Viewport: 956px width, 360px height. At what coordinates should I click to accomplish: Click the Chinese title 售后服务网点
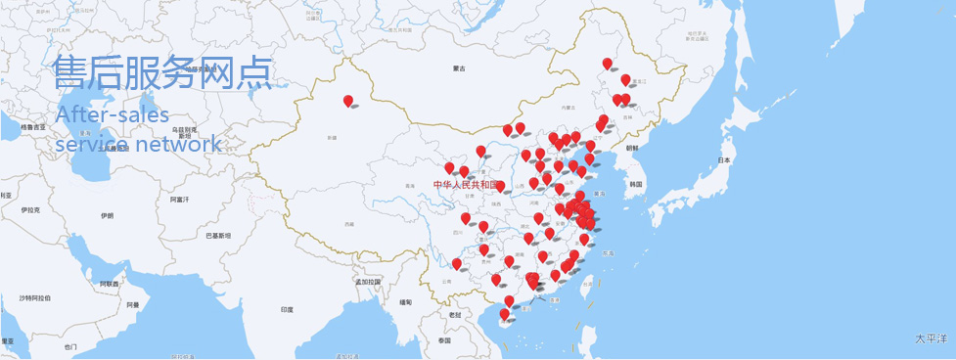pyautogui.click(x=162, y=74)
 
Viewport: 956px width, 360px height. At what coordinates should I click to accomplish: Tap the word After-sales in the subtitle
pyautogui.click(x=113, y=115)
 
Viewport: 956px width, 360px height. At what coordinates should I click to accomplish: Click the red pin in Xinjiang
pyautogui.click(x=348, y=101)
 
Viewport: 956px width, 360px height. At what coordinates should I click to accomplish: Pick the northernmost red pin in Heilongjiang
pyautogui.click(x=607, y=65)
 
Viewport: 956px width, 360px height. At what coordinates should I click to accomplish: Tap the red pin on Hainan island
pyautogui.click(x=505, y=315)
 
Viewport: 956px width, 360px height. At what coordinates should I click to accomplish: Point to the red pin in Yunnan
pyautogui.click(x=456, y=264)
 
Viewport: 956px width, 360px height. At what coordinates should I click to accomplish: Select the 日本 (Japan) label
pyautogui.click(x=724, y=159)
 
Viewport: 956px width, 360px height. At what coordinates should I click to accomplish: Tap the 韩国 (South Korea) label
pyautogui.click(x=636, y=184)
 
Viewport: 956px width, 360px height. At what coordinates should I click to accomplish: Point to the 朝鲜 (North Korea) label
pyautogui.click(x=631, y=148)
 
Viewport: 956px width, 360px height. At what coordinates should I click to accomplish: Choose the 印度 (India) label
pyautogui.click(x=287, y=309)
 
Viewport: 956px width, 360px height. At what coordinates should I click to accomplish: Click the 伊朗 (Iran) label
pyautogui.click(x=107, y=215)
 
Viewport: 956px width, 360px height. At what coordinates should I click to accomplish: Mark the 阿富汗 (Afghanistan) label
pyautogui.click(x=179, y=200)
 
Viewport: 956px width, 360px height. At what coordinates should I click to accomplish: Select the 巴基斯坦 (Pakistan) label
pyautogui.click(x=217, y=236)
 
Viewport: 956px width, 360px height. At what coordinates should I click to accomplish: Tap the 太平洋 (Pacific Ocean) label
pyautogui.click(x=931, y=338)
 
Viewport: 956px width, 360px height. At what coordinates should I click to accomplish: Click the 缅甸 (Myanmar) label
pyautogui.click(x=406, y=301)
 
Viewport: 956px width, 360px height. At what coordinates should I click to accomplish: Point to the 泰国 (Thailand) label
pyautogui.click(x=445, y=340)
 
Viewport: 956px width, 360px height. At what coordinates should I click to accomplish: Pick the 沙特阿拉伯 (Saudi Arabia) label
pyautogui.click(x=33, y=296)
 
